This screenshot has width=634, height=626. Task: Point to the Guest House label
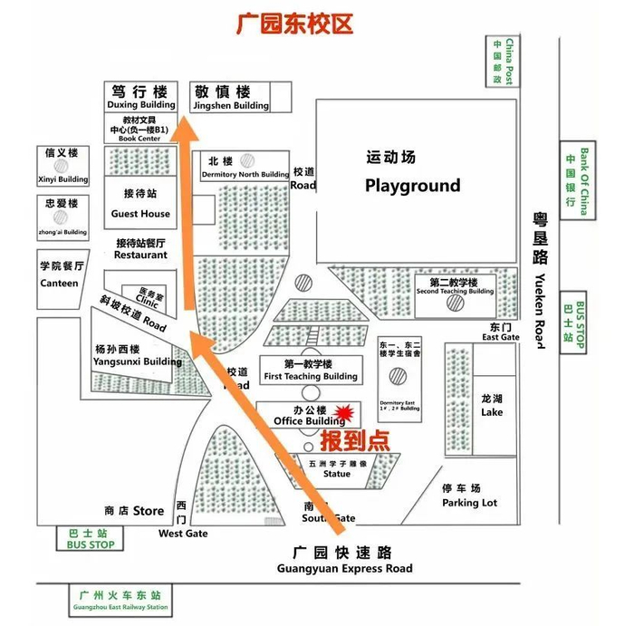pos(140,214)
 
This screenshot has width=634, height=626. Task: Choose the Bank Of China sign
pos(571,181)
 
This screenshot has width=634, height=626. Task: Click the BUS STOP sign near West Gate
pos(90,539)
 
